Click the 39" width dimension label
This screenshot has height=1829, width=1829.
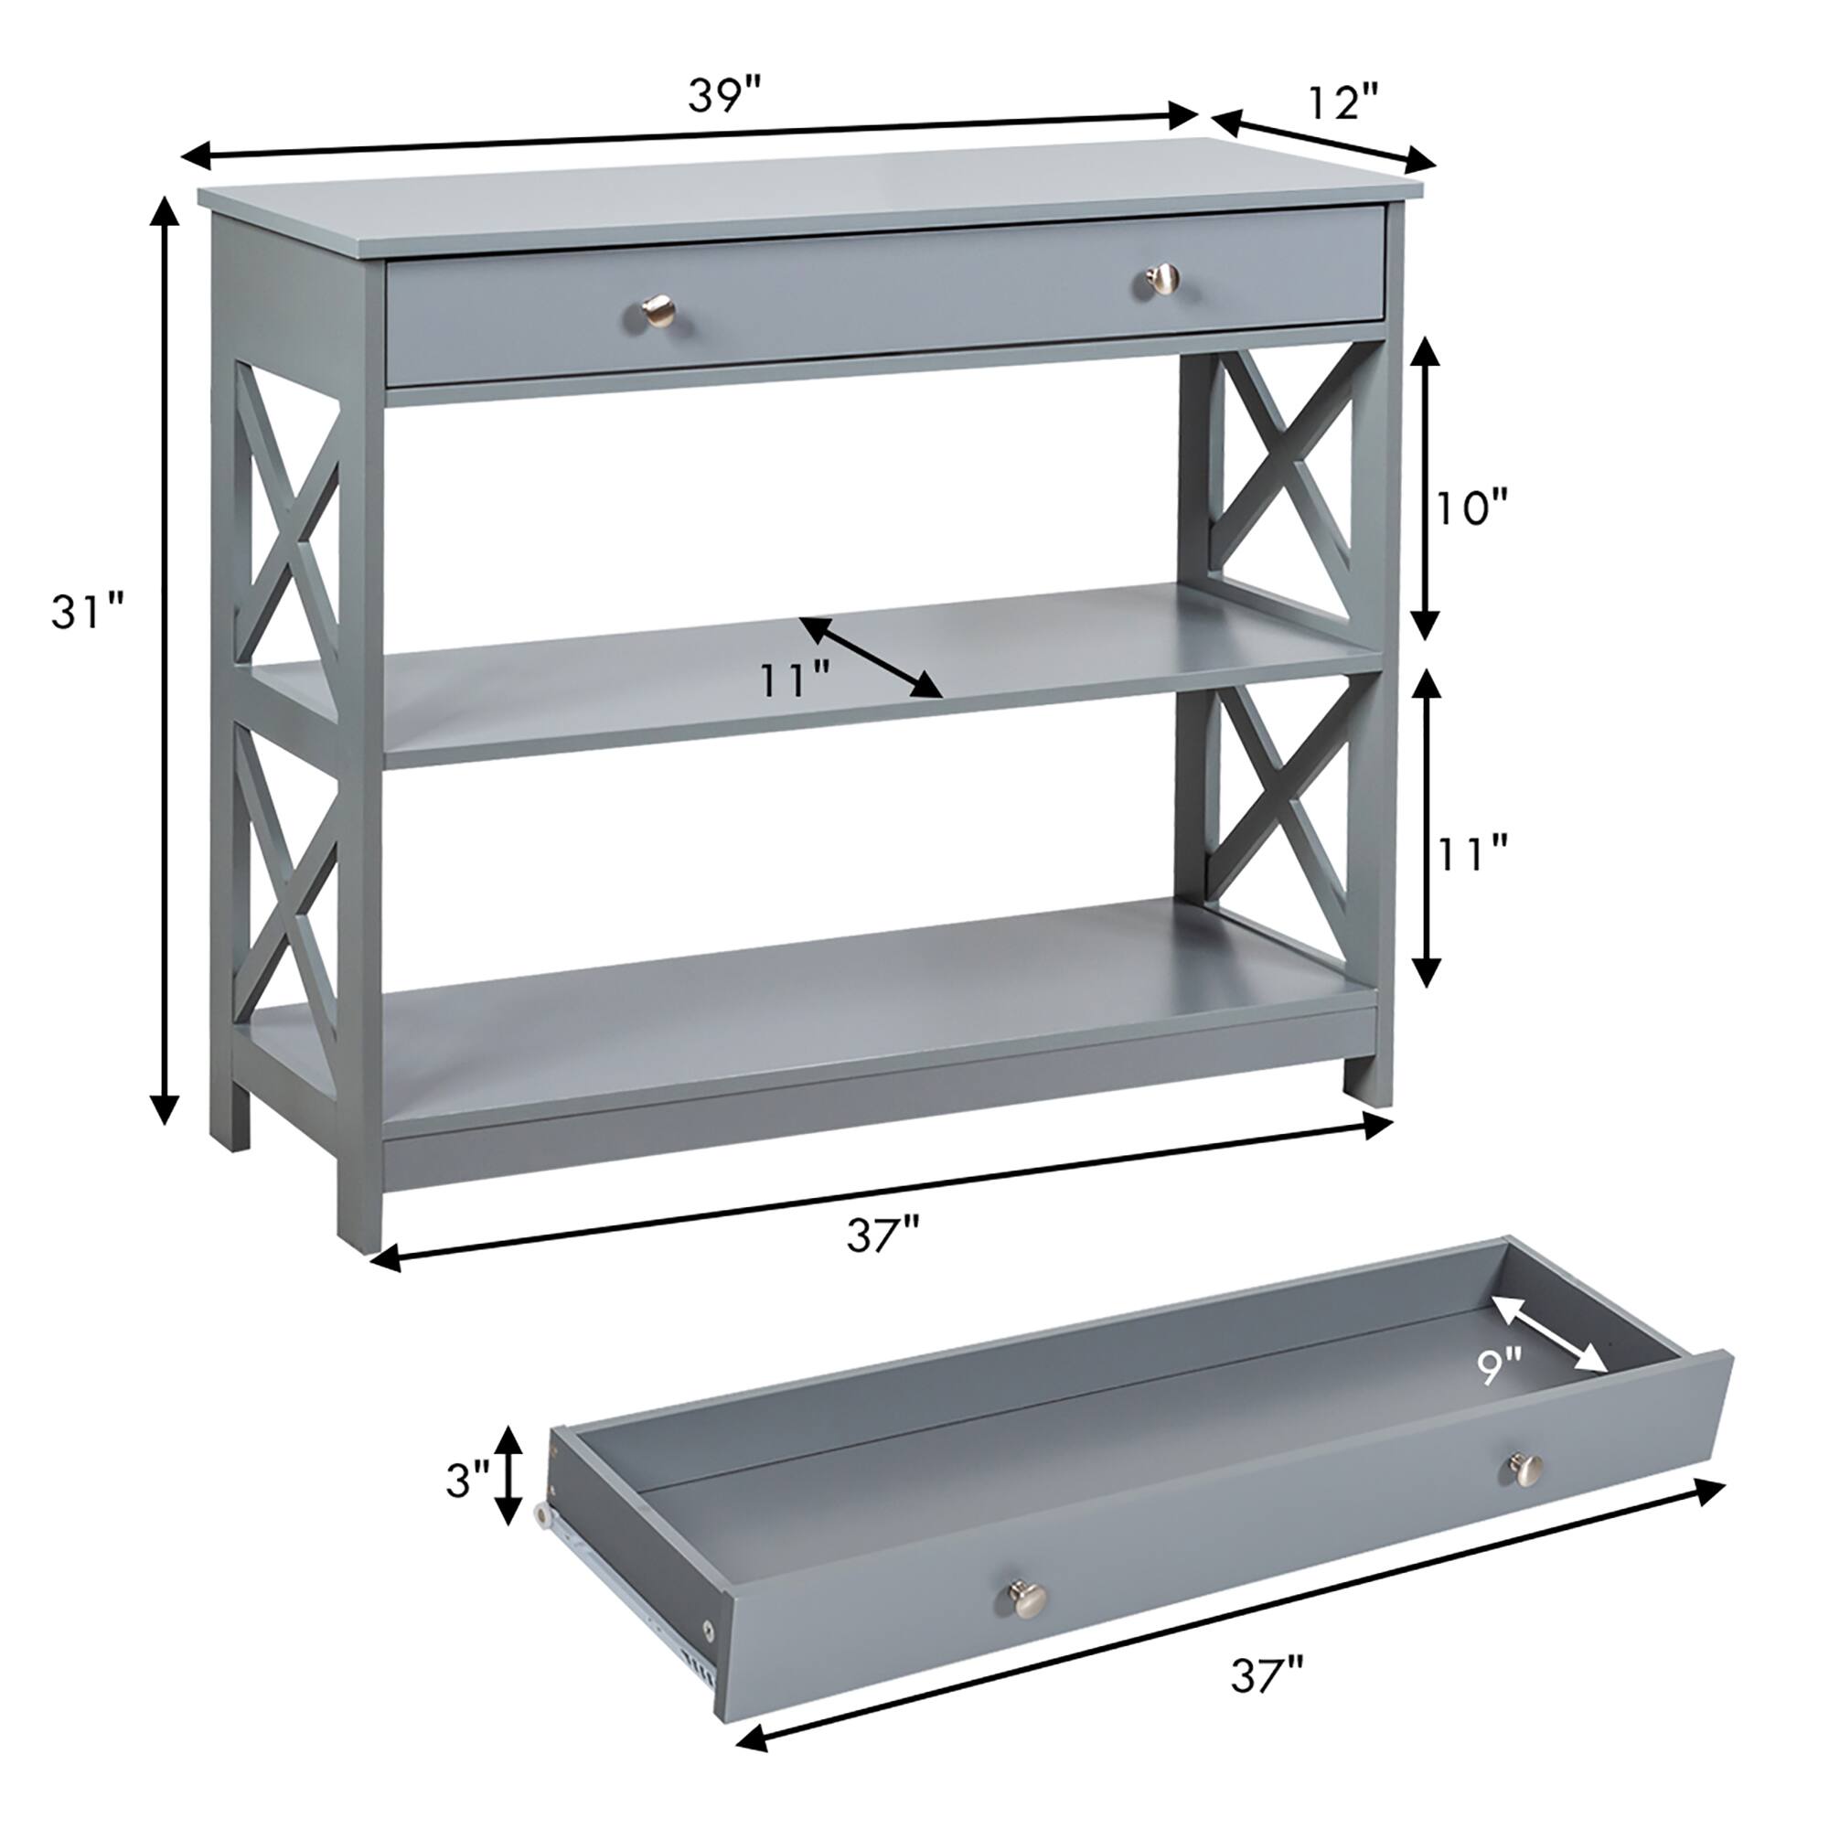pos(724,96)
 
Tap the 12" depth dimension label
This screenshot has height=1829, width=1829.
pos(1343,102)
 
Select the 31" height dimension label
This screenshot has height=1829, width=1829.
pos(87,612)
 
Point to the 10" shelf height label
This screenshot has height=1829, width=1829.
pos(1471,509)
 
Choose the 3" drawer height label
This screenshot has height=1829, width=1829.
pos(467,1480)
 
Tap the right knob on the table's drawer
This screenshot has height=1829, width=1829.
pos(1162,278)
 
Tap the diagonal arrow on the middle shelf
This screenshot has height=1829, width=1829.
pos(871,657)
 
